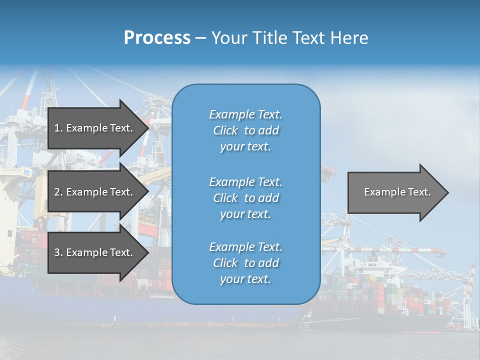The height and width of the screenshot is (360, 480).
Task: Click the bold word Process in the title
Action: click(x=157, y=38)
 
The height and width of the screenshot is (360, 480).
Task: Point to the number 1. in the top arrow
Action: click(x=58, y=128)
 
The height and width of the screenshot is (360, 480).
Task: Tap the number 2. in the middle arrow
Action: click(x=58, y=192)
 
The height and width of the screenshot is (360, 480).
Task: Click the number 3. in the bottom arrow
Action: click(x=58, y=252)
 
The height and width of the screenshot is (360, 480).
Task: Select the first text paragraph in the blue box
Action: click(x=245, y=130)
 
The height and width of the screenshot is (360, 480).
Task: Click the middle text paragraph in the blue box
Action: click(x=245, y=198)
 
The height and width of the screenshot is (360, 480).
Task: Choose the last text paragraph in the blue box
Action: click(x=245, y=263)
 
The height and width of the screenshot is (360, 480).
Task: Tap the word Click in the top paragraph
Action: click(x=225, y=130)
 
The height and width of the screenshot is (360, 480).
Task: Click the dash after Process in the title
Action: click(x=200, y=38)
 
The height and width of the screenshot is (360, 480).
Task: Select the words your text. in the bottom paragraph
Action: click(x=245, y=279)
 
